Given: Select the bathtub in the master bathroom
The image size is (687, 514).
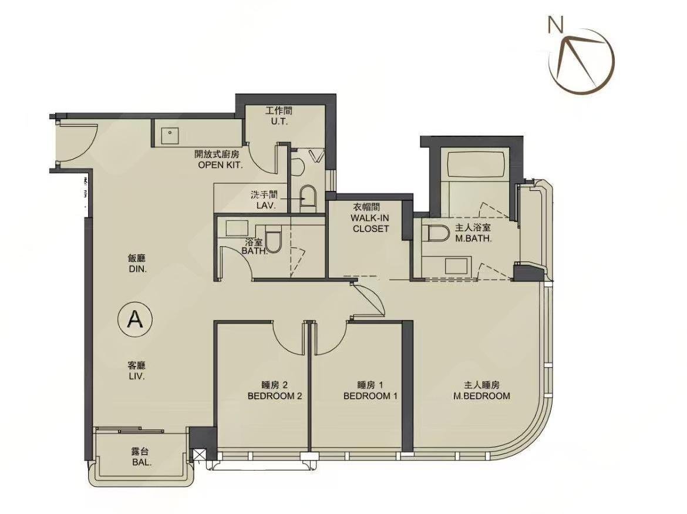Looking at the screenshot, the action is click(x=476, y=165).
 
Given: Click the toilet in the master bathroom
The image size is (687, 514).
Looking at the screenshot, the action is click(x=436, y=234).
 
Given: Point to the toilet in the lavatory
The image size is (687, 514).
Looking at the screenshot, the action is click(x=308, y=198).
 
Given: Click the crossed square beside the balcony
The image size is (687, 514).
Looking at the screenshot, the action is click(x=198, y=455).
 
